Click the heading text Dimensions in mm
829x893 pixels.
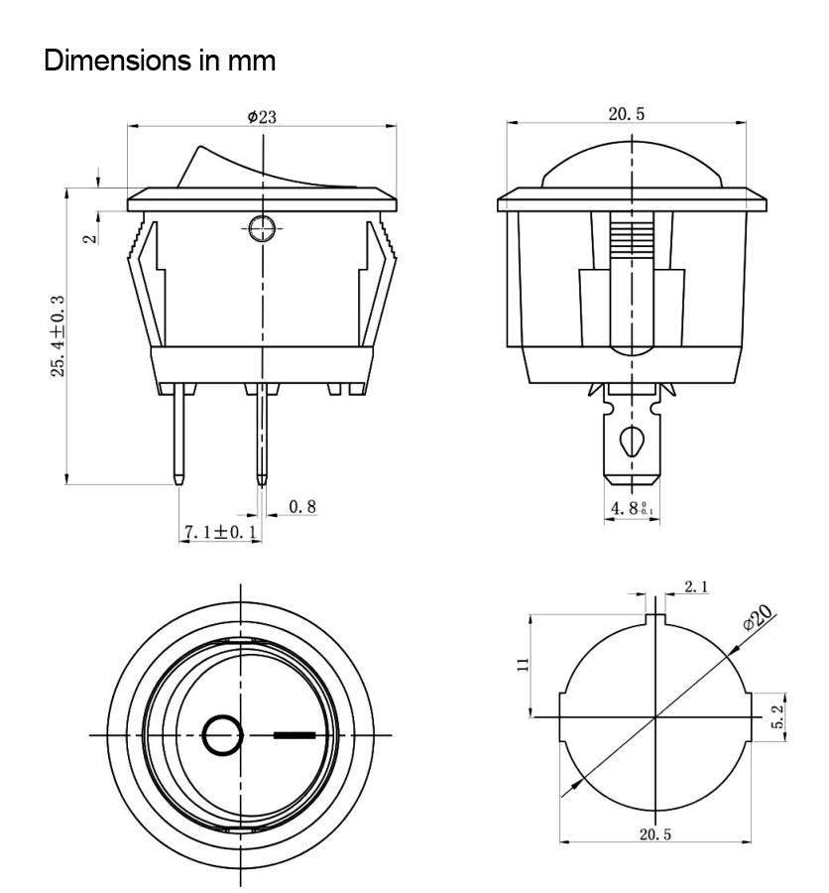tap(160, 61)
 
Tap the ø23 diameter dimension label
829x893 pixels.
tap(262, 117)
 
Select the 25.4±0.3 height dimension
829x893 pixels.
tap(59, 336)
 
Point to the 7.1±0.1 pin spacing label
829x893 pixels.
tap(220, 533)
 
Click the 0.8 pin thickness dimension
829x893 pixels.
tap(301, 506)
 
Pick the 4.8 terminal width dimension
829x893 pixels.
tap(632, 508)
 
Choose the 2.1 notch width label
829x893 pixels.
tap(696, 586)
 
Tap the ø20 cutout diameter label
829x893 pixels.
tap(758, 617)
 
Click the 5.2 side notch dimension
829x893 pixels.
tap(777, 716)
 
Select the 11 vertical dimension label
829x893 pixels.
tap(523, 665)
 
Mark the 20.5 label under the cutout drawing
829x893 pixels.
tap(654, 834)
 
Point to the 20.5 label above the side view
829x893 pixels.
tap(627, 114)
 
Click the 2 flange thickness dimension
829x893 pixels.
tap(90, 239)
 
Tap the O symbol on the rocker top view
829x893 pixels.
tap(223, 735)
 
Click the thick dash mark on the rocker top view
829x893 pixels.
tap(294, 735)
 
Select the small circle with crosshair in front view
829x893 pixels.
tap(263, 228)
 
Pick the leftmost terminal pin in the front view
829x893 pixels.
tap(178, 434)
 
